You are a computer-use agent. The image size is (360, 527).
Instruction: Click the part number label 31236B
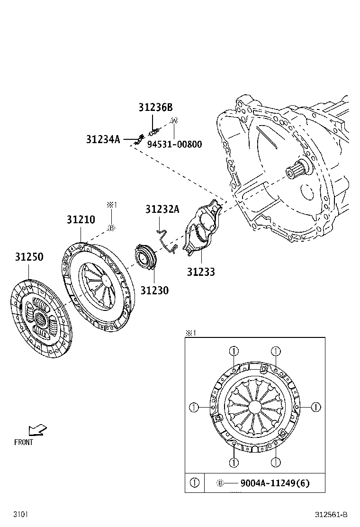pyautogui.click(x=155, y=108)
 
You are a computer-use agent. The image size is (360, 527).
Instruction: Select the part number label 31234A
pyautogui.click(x=103, y=139)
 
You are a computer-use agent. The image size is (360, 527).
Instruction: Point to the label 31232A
pyautogui.click(x=162, y=209)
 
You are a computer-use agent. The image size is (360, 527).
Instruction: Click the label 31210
pyautogui.click(x=81, y=220)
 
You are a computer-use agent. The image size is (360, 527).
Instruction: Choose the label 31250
pyautogui.click(x=29, y=257)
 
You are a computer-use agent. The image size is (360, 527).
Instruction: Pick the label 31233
pyautogui.click(x=200, y=272)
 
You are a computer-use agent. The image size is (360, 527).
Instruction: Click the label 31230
pyautogui.click(x=154, y=290)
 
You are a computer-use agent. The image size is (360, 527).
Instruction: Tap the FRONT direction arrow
pyautogui.click(x=37, y=430)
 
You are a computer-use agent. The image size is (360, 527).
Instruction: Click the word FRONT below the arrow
pyautogui.click(x=24, y=442)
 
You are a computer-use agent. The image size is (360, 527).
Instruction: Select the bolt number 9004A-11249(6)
pyautogui.click(x=275, y=483)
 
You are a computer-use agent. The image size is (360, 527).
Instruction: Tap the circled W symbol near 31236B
pyautogui.click(x=174, y=121)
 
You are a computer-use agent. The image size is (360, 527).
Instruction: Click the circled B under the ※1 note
pyautogui.click(x=111, y=228)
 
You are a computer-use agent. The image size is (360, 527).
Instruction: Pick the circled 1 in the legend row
pyautogui.click(x=195, y=483)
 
